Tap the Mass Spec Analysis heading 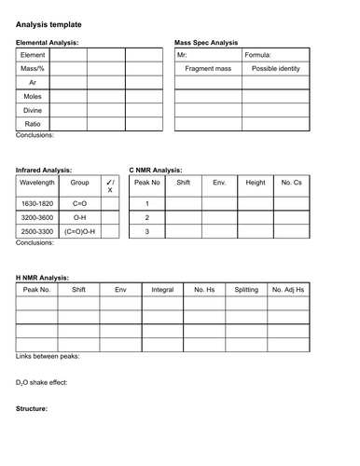[206, 43]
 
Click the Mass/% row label [33, 69]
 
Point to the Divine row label [33, 109]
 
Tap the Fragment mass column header [208, 69]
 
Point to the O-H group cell [79, 216]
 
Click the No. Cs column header [292, 183]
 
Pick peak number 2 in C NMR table [146, 216]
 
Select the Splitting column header [246, 290]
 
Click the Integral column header [161, 290]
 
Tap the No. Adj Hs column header [288, 290]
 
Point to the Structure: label [32, 409]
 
